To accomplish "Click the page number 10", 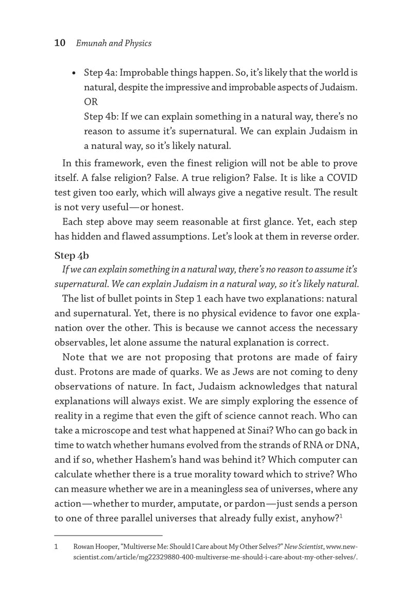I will click(59, 43).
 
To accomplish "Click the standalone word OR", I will click(91, 102).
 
